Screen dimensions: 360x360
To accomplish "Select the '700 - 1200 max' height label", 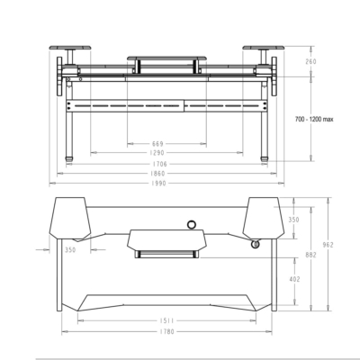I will [316, 118].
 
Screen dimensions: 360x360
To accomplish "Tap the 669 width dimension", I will [157, 143].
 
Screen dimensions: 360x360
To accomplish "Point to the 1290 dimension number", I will [157, 153].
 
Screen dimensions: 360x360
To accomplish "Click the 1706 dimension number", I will [157, 164].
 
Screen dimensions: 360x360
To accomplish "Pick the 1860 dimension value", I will [157, 174].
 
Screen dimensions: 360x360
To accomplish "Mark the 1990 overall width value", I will [157, 184].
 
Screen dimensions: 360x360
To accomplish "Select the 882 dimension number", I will [311, 256].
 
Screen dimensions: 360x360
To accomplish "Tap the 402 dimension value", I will [294, 279].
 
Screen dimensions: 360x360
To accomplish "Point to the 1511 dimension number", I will [166, 319].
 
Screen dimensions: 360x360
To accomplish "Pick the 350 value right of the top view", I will [294, 219].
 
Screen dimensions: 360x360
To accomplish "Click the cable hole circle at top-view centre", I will [192, 223].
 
